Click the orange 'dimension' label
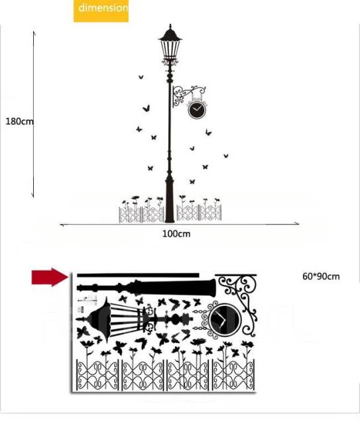101,11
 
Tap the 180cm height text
19,121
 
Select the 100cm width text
176,234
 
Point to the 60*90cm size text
321,276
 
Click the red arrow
50,277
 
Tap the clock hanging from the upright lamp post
197,109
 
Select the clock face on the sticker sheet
224,319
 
